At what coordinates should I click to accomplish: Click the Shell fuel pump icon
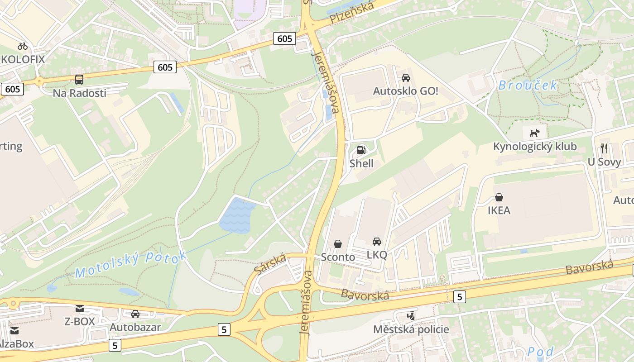[x=361, y=150]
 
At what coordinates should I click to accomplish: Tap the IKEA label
[x=499, y=210]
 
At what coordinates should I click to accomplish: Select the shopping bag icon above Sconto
[x=338, y=244]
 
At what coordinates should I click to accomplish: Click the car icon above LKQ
[x=377, y=242]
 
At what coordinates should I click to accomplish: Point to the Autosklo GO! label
[x=405, y=91]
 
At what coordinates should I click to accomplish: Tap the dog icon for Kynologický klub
[x=535, y=133]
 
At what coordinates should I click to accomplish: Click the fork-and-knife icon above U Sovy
[x=604, y=148]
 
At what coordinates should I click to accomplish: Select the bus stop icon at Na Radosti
[x=79, y=80]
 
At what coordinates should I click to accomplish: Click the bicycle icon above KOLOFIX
[x=23, y=46]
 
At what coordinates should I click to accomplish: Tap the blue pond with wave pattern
[x=237, y=217]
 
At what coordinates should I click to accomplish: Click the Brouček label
[x=528, y=85]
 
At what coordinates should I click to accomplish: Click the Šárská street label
[x=270, y=264]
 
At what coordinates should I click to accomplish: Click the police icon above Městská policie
[x=411, y=316]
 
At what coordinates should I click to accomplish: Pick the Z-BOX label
[x=80, y=322]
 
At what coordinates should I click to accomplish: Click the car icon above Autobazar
[x=135, y=314]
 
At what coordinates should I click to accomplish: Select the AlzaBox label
[x=16, y=344]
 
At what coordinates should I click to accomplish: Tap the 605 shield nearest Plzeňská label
[x=285, y=39]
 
